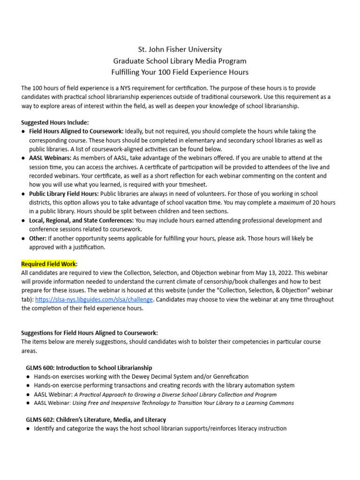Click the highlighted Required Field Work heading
[49, 264]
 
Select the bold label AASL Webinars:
[51, 158]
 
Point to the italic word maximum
[291, 202]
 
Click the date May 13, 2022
[263, 273]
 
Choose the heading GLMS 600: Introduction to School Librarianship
[89, 368]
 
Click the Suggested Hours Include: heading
[55, 122]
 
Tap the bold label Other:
[37, 238]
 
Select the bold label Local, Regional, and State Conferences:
[81, 220]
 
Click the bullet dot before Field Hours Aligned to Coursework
[23, 131]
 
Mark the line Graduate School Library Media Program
[180, 61]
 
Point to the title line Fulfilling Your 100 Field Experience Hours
[180, 72]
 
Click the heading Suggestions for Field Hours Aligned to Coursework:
[90, 333]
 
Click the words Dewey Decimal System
[152, 376]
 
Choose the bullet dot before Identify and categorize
[28, 428]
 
